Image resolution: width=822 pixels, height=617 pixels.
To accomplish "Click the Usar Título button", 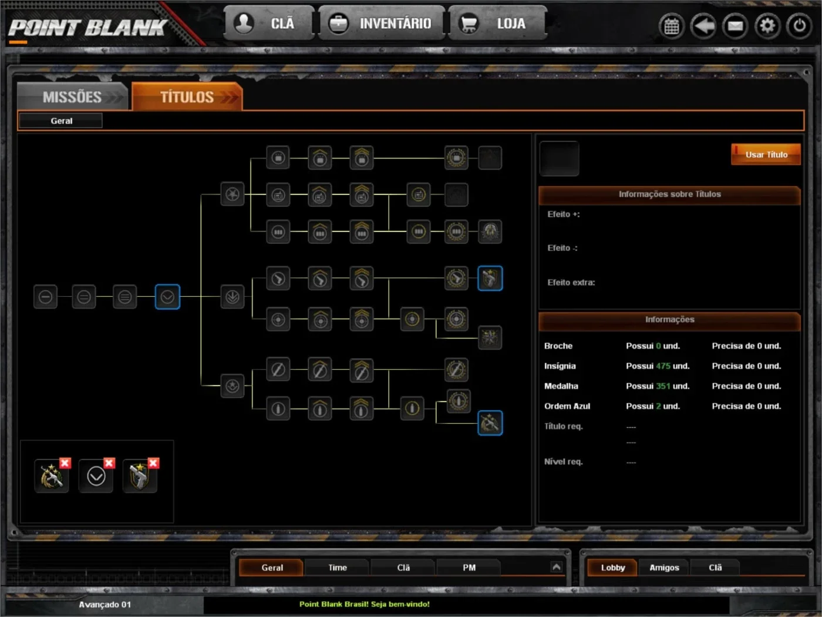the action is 766,155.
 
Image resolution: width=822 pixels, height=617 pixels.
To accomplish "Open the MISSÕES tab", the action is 72,97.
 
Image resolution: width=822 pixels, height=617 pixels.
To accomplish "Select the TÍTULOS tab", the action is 187,97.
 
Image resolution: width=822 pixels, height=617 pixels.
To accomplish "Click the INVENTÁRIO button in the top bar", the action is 381,24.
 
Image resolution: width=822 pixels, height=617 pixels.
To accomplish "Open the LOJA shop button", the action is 497,24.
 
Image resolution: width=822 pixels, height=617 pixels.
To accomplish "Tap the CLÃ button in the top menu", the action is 268,24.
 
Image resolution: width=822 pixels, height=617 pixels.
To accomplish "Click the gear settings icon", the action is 767,26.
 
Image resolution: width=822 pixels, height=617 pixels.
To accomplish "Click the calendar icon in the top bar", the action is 672,26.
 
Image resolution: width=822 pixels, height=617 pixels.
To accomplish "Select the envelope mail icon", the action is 735,26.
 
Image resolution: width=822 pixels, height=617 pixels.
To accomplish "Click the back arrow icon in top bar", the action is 703,26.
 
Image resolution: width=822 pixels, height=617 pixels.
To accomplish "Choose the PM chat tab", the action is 469,568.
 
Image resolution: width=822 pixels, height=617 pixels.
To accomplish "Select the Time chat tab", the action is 338,568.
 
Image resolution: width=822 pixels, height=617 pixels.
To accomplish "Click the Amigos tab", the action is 664,568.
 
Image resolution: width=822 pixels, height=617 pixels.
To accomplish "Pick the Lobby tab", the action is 612,568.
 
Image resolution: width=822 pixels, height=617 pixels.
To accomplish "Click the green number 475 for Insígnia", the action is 663,366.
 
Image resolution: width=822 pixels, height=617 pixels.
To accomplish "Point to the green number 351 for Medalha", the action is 663,386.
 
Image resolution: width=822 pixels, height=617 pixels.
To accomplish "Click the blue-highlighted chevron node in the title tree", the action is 167,297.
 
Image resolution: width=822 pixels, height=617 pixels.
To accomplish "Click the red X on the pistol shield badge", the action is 153,463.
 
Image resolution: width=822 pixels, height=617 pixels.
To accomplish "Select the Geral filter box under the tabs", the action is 61,120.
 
